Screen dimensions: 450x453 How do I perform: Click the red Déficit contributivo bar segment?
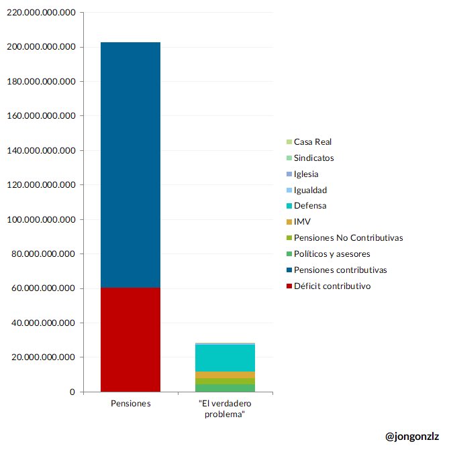tap(130, 339)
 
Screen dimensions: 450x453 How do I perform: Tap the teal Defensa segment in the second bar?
tap(225, 357)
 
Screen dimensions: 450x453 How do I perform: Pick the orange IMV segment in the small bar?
tap(225, 375)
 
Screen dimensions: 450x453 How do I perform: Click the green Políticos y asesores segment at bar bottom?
tap(225, 388)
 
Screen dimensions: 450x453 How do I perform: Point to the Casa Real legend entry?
tap(312, 142)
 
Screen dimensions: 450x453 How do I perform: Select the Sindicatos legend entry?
tap(313, 158)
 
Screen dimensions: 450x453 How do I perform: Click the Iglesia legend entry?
tap(306, 174)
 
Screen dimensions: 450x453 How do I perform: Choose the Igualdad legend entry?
tap(310, 190)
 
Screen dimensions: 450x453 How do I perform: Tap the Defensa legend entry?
tap(310, 206)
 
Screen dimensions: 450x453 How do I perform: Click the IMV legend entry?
tap(302, 222)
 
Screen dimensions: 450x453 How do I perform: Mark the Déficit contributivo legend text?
tap(332, 286)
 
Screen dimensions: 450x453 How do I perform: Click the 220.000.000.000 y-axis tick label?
tap(41, 13)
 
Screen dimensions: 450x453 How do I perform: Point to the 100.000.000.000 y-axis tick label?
tap(41, 219)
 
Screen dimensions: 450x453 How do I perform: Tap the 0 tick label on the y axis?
tap(72, 392)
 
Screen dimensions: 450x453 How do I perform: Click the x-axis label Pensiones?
tap(130, 404)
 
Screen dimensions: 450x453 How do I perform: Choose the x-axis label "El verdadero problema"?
tap(225, 408)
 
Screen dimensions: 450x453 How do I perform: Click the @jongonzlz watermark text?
tap(412, 436)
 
